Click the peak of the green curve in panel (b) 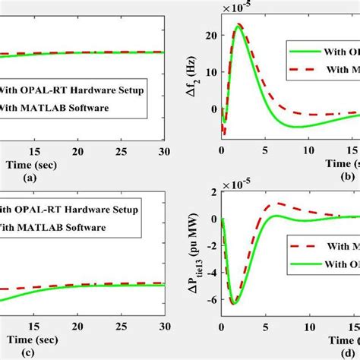(x=238, y=25)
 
